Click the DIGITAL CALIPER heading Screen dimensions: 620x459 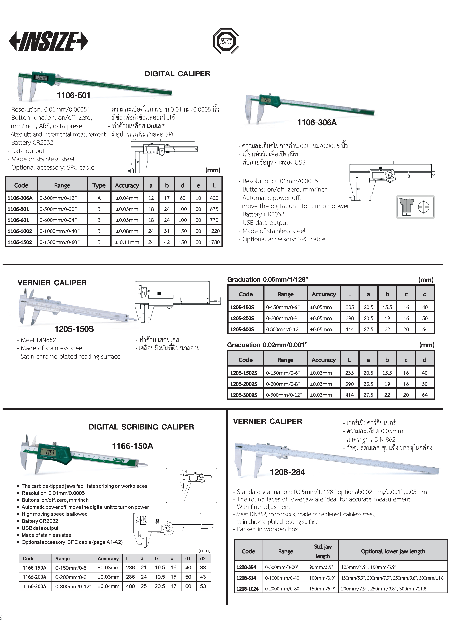tap(177, 74)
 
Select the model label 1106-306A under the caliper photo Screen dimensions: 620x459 tap(317, 123)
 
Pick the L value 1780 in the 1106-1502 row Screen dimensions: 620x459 tap(214, 242)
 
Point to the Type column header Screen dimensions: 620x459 tap(99, 186)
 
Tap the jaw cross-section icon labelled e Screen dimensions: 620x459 tap(415, 207)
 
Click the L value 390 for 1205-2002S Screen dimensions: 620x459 tap(350, 384)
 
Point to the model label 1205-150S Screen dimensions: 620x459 tap(74, 329)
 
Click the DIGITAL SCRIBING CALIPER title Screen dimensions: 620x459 tap(141, 427)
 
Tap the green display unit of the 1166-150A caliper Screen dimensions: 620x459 tap(53, 453)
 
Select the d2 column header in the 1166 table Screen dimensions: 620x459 tap(203, 558)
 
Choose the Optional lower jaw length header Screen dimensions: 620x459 tap(393, 551)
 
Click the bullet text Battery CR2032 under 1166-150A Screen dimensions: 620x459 tap(40, 521)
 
